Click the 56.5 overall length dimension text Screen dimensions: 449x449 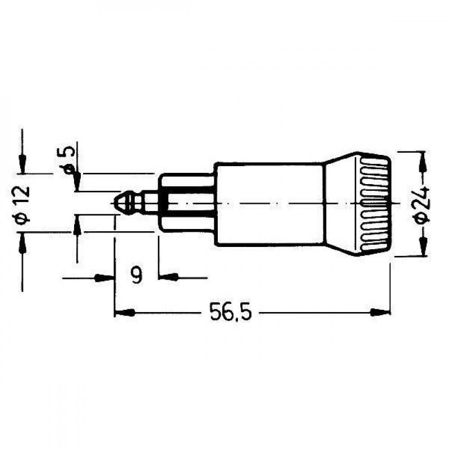(x=231, y=311)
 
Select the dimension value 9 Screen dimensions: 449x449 (x=136, y=275)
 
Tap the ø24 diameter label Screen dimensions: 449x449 (x=423, y=203)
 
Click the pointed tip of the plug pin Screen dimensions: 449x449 (x=116, y=202)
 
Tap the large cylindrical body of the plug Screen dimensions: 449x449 (x=269, y=203)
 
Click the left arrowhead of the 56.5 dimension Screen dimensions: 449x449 (x=121, y=311)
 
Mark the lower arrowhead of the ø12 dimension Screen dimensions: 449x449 (x=22, y=239)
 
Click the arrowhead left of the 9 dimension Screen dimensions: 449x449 (x=107, y=277)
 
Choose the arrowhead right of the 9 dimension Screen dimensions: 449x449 (x=167, y=277)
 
